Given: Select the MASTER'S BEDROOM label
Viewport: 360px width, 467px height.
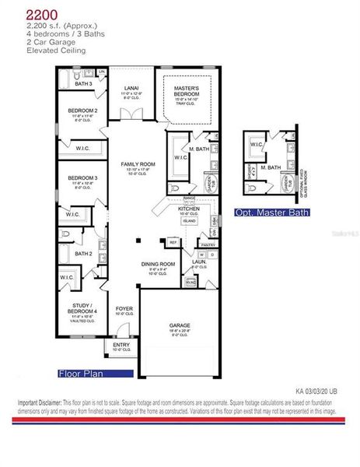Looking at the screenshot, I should click(189, 91).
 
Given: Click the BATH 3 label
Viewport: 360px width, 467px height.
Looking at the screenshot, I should click(83, 84).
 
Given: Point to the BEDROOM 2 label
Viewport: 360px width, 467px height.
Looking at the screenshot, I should click(82, 111).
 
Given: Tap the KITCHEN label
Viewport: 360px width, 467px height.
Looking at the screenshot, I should click(189, 209).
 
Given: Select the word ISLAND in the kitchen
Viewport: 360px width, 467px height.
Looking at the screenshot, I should click(189, 220).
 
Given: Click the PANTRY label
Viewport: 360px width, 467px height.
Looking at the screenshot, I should click(207, 244).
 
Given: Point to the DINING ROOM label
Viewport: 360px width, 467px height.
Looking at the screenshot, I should click(158, 264).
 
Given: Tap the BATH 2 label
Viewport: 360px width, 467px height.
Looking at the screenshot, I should click(84, 254).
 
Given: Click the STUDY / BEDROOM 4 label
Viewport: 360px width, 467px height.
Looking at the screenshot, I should click(82, 308).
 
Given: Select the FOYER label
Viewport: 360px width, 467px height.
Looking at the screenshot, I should click(124, 309).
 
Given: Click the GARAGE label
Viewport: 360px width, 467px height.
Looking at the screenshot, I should click(180, 325).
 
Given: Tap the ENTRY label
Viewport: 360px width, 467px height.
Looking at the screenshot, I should click(121, 346).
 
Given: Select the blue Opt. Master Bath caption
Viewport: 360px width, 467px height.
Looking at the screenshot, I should click(272, 212).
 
